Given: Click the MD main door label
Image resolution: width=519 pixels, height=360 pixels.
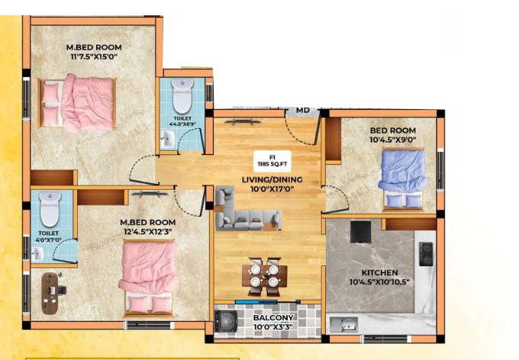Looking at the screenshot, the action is tap(302, 110).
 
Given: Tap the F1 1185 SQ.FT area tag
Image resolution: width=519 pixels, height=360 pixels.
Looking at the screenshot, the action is tap(272, 161).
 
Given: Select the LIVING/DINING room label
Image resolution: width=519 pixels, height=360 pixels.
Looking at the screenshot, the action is tap(272, 180).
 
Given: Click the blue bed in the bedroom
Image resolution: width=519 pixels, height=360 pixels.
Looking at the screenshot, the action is tap(403, 179).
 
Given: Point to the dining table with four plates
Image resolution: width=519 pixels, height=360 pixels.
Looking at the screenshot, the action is tap(264, 276).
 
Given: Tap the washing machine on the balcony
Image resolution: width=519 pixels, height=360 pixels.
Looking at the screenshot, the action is tap(226, 321).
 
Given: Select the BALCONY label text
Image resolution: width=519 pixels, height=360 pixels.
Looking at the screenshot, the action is tap(273, 317).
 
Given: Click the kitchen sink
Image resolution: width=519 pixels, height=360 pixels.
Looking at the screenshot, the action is tap(344, 324).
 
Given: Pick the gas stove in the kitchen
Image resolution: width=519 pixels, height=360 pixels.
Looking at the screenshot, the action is tap(426, 254).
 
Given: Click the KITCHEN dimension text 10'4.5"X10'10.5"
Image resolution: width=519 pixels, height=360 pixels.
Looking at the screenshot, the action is tap(379, 282).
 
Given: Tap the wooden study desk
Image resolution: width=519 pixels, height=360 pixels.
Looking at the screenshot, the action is tap(50, 293).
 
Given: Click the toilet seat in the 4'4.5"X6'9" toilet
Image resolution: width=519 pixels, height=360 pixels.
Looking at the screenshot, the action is tap(182, 95).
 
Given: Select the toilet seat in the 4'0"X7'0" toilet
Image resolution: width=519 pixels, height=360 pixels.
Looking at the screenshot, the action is tap(50, 209).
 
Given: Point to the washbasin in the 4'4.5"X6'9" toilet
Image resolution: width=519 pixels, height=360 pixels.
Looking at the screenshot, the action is tap(167, 139).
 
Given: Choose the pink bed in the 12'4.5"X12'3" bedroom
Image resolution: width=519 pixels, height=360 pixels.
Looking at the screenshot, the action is tap(148, 278).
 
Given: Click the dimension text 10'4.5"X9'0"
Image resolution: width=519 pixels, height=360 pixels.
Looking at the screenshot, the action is tap(392, 140).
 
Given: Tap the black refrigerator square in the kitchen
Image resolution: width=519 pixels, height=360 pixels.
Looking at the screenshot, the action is tap(360, 232).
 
